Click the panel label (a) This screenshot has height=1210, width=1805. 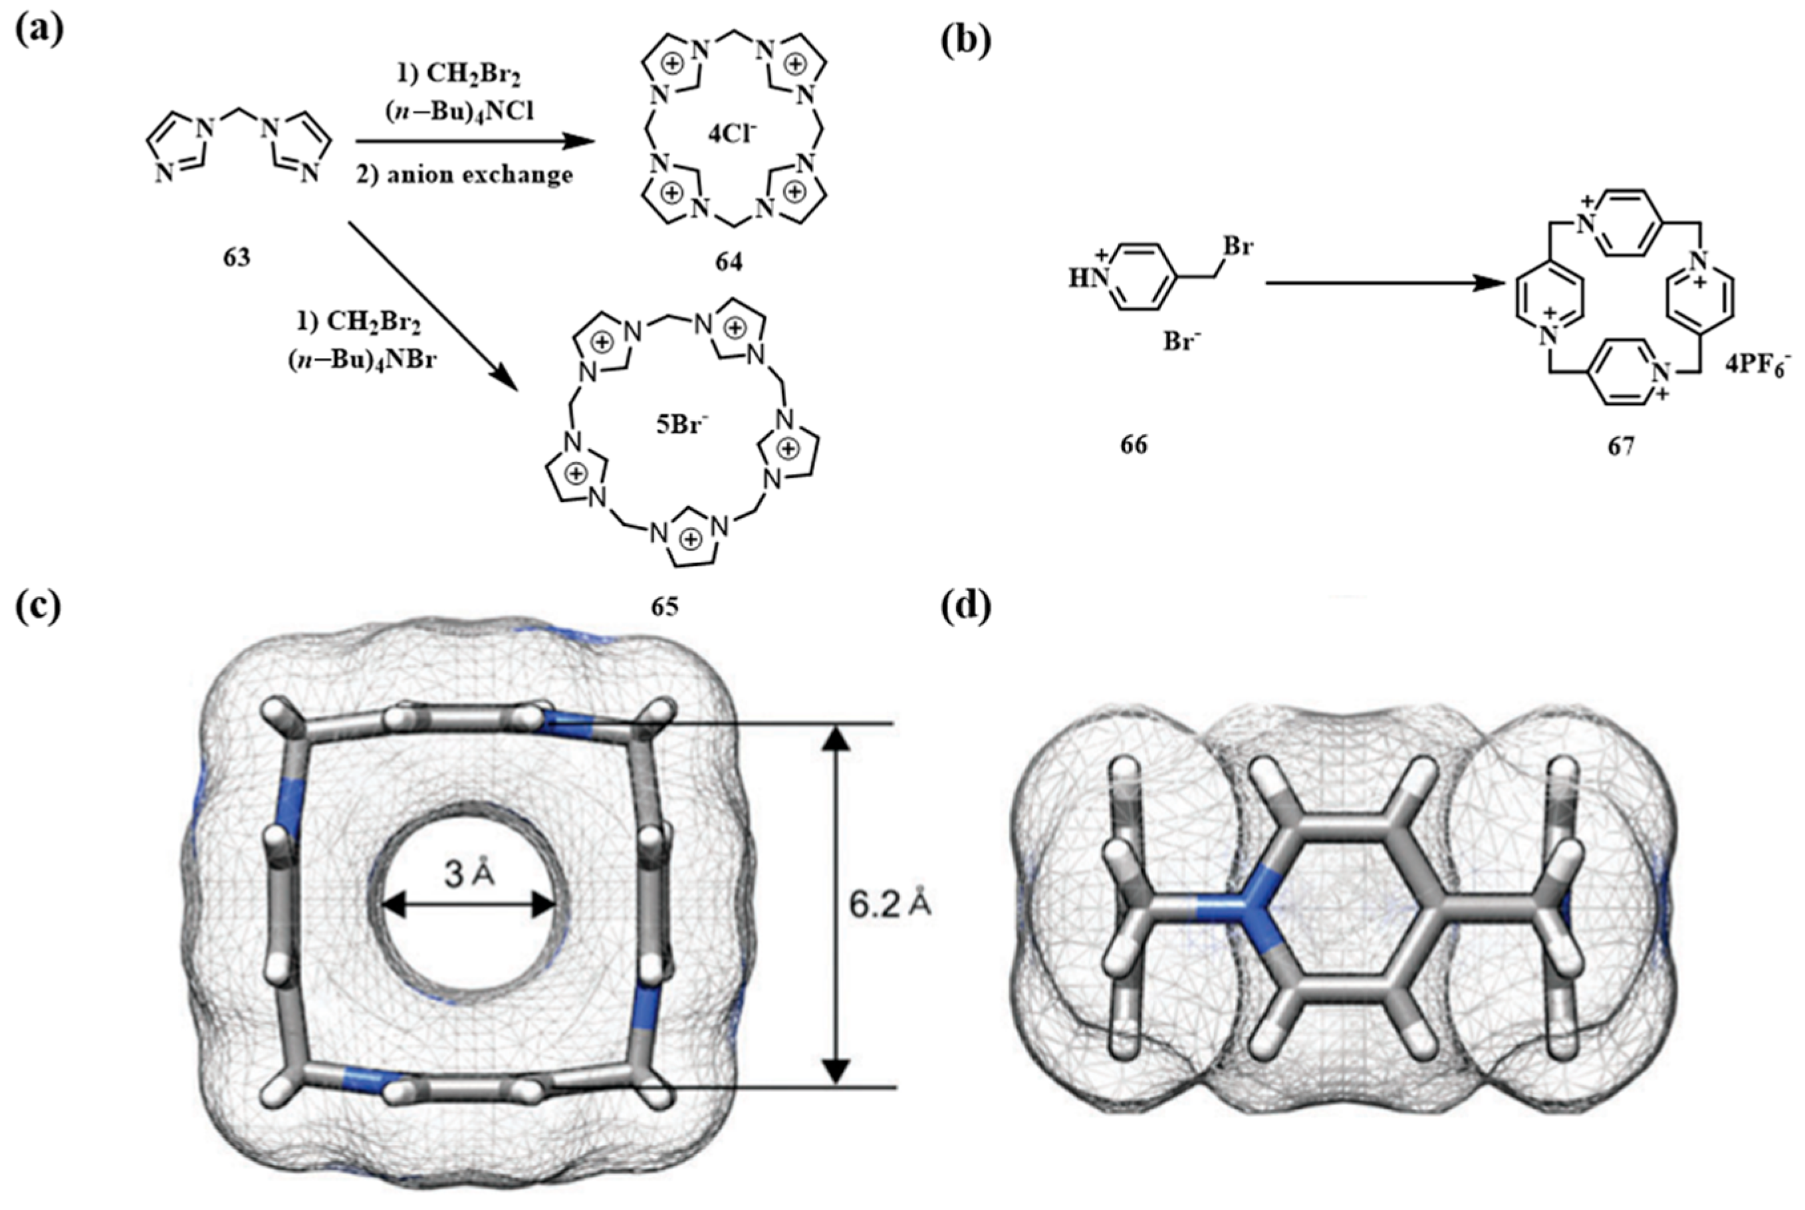[39, 29]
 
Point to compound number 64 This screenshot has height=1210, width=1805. [728, 263]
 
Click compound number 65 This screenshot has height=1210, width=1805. [664, 606]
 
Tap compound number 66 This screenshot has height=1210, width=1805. [1134, 445]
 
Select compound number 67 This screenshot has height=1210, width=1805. [1621, 447]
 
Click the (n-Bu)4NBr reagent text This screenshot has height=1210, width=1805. [360, 360]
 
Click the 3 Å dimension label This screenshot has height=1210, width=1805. [469, 874]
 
